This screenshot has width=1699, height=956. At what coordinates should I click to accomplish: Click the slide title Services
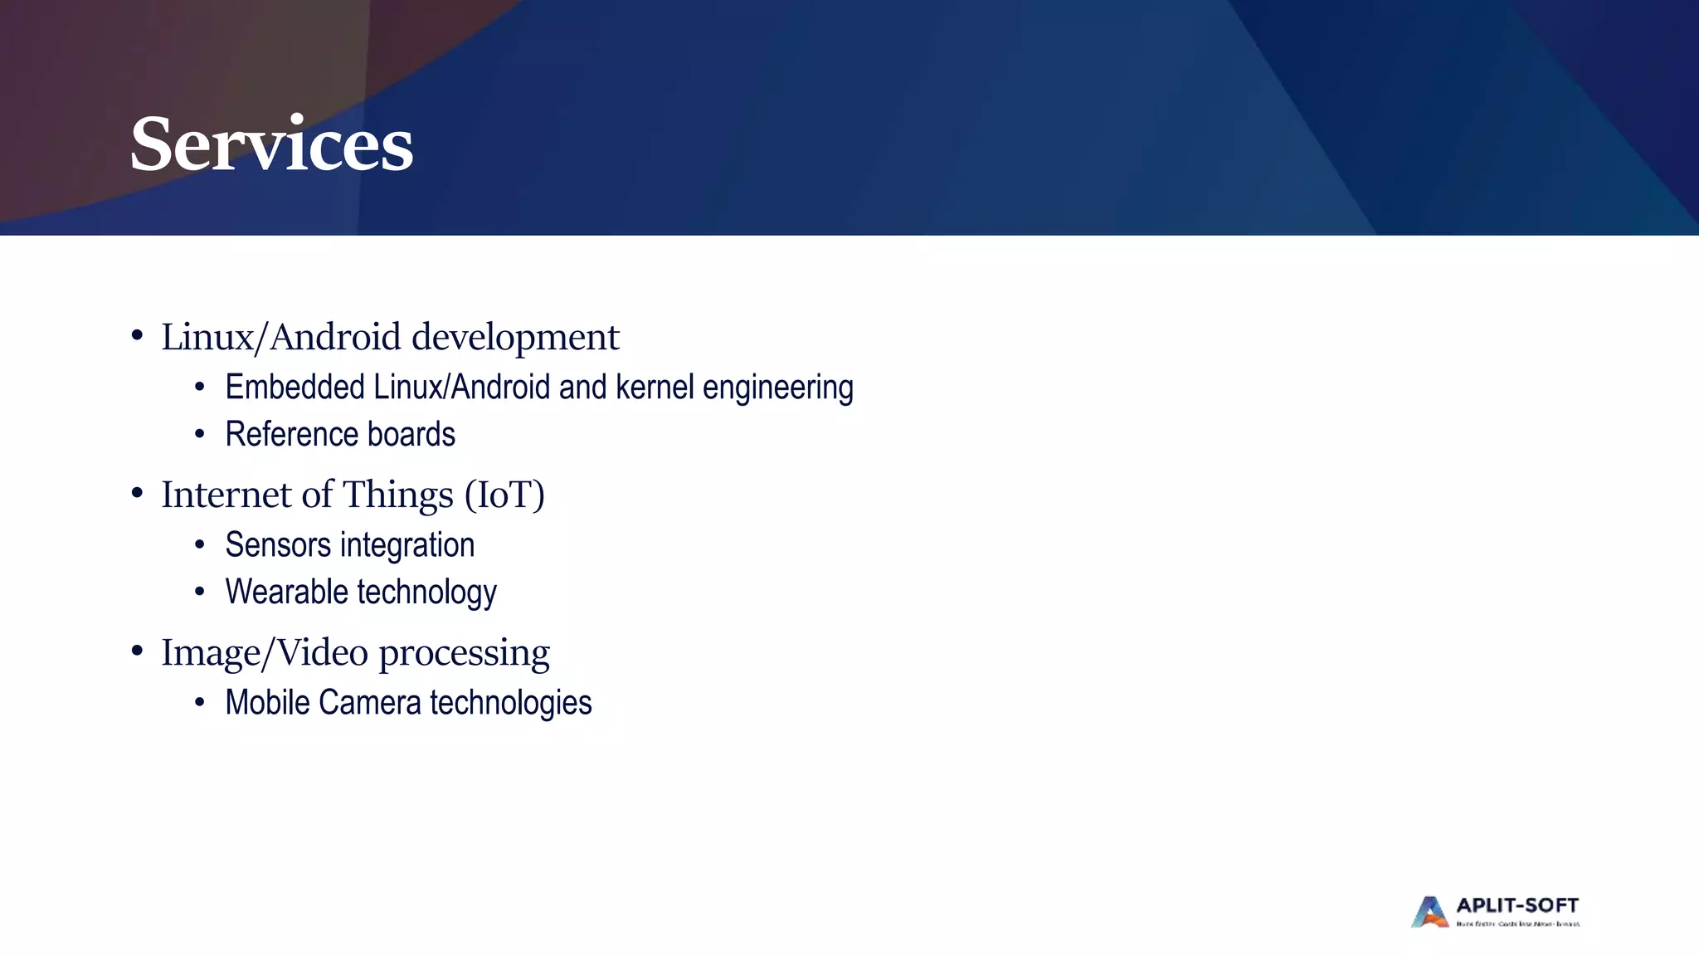tap(271, 145)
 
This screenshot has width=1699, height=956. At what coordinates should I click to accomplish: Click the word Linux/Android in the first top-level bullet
tap(281, 338)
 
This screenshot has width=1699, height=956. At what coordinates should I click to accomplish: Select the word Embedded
tap(295, 388)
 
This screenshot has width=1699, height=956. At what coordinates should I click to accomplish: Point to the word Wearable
tap(286, 593)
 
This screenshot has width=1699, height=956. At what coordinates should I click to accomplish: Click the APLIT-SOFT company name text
tap(1517, 905)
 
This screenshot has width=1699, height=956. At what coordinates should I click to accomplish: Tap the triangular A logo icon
tap(1429, 912)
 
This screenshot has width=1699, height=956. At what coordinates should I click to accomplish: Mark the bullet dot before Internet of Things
tap(137, 493)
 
